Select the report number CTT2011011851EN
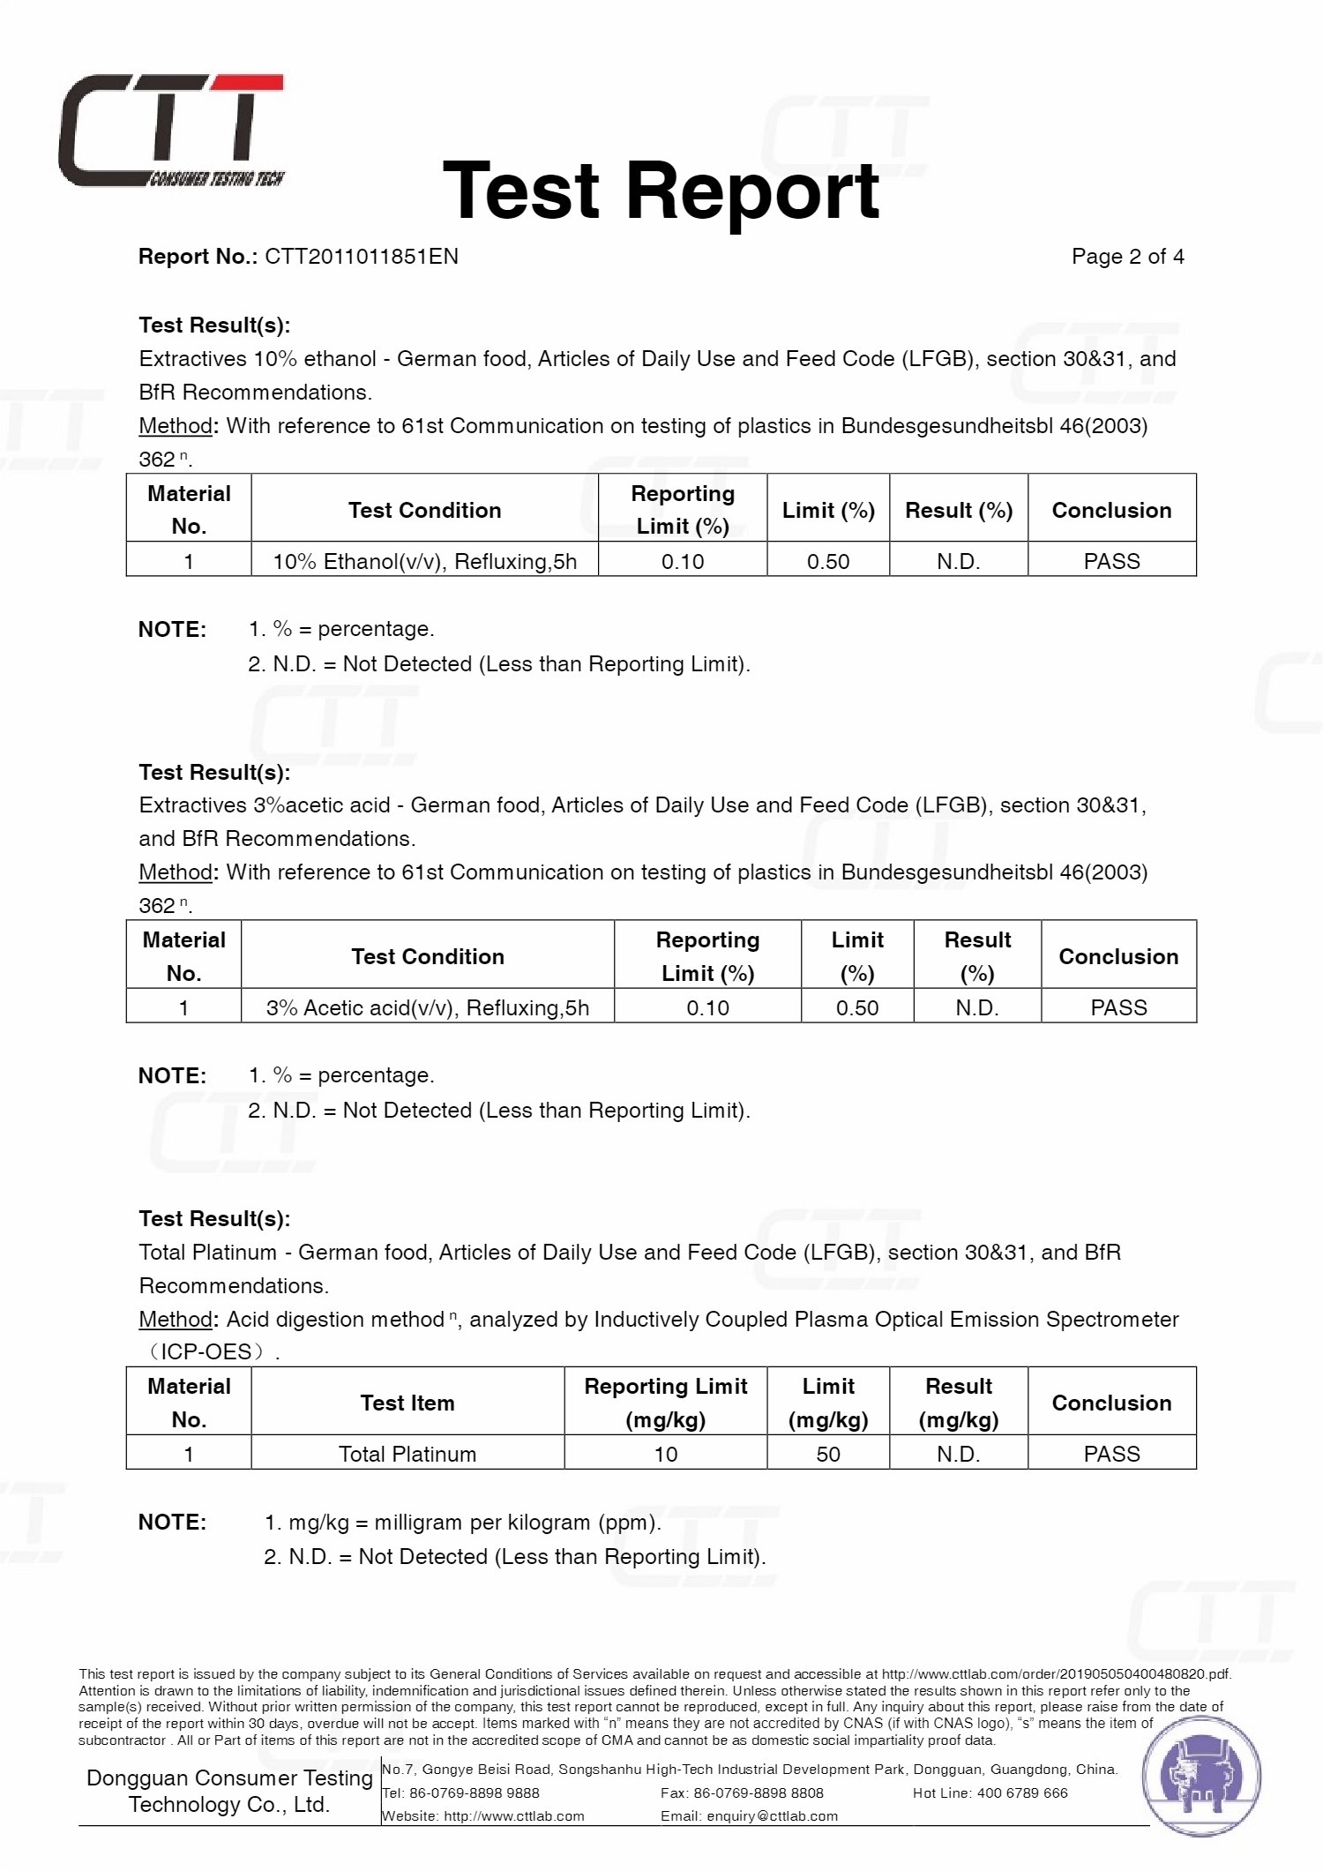click(x=362, y=257)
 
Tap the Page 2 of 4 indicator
click(x=1127, y=257)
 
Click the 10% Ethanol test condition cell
click(x=424, y=561)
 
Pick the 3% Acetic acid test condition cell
click(x=428, y=1007)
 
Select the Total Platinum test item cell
click(x=407, y=1454)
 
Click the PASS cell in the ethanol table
click(x=1111, y=561)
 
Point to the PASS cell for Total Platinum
click(x=1111, y=1454)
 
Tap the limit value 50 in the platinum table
click(x=828, y=1454)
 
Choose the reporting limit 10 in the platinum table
click(x=666, y=1454)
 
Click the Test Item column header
click(x=407, y=1403)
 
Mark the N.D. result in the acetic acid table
click(x=977, y=1007)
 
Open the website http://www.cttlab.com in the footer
click(x=513, y=1815)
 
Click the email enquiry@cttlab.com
click(x=772, y=1815)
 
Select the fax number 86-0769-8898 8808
click(x=759, y=1792)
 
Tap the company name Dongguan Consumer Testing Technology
click(x=229, y=1791)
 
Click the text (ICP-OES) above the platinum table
click(x=209, y=1351)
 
